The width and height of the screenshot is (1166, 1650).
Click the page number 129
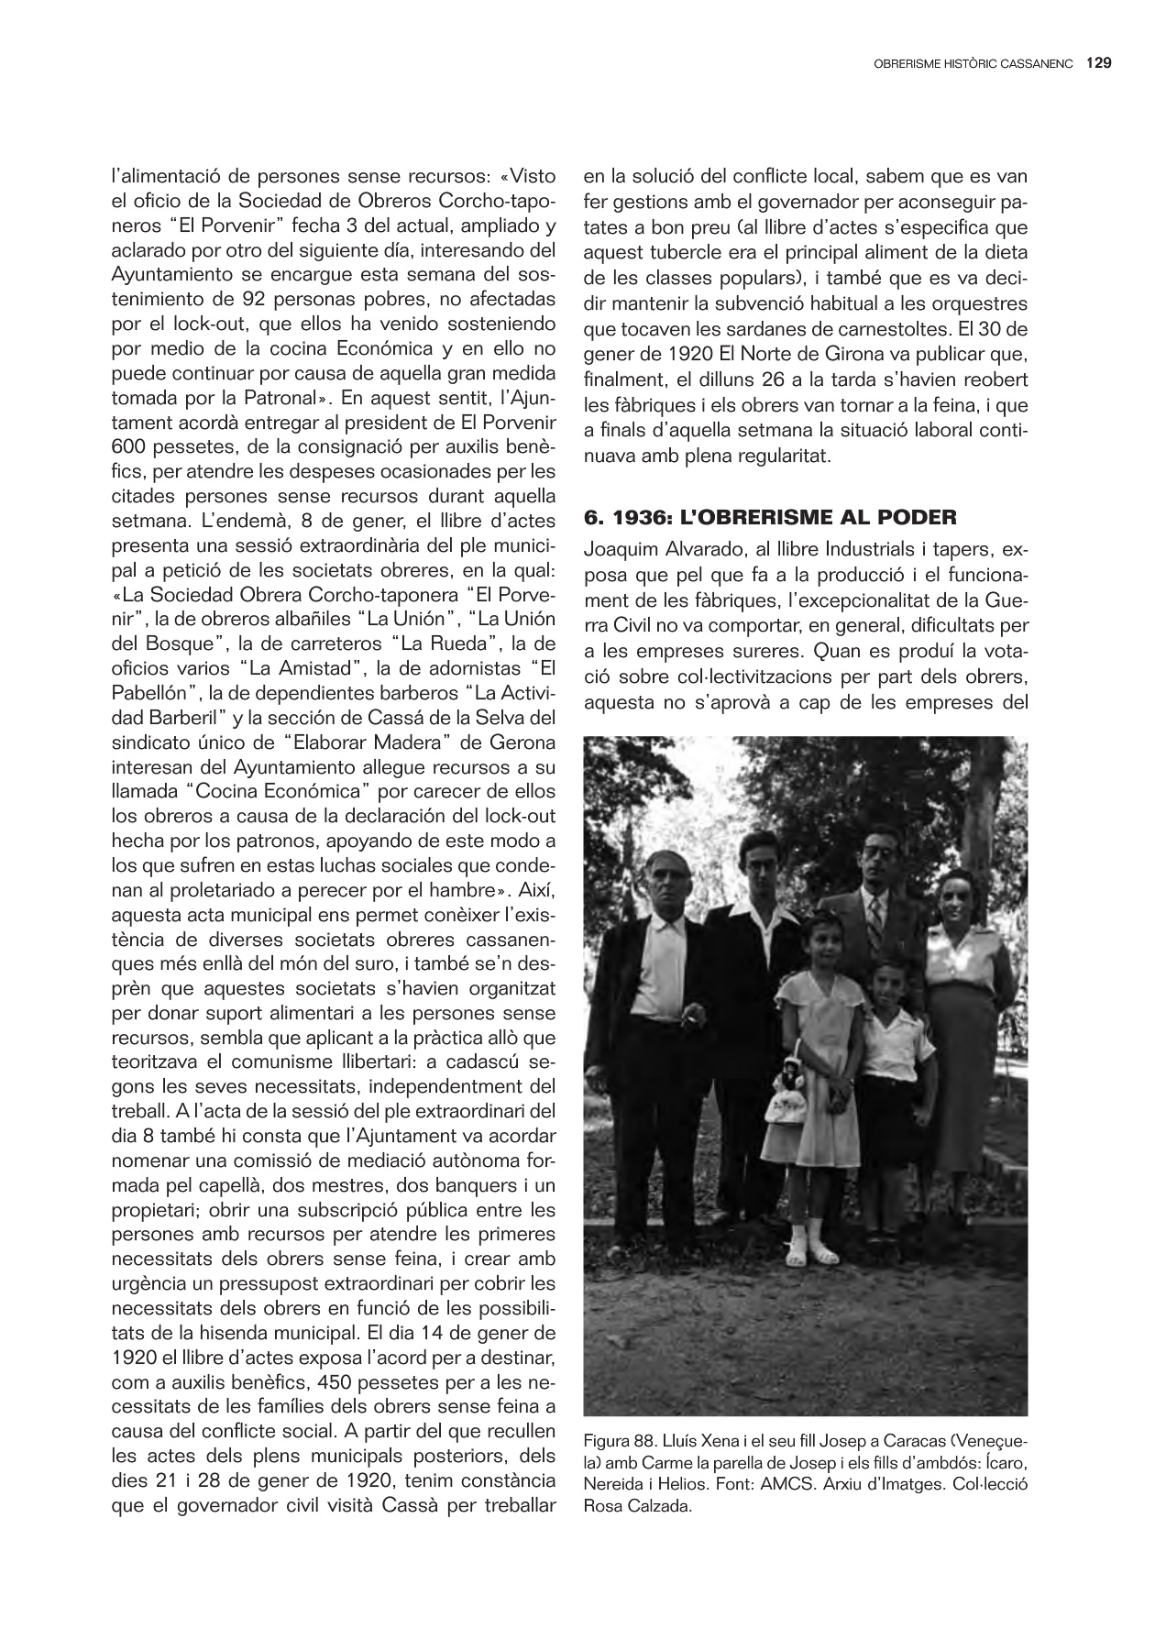point(1099,63)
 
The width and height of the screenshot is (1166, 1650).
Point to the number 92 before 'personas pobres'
point(254,299)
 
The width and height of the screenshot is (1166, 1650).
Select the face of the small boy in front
point(887,985)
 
